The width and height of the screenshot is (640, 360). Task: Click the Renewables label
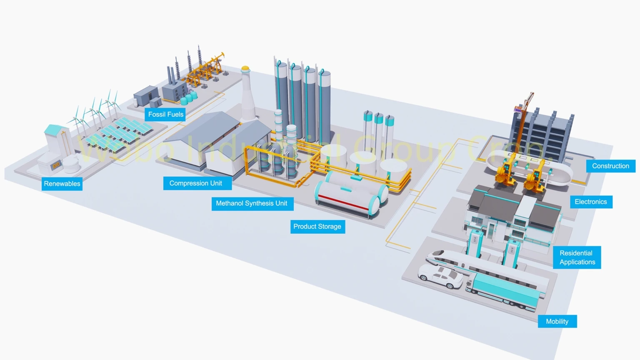coord(62,184)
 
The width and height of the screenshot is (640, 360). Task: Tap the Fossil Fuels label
coord(165,115)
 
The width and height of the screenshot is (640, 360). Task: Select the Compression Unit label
coord(195,183)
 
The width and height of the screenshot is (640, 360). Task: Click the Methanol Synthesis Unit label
coord(252,203)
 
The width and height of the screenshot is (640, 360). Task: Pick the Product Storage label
coord(317,227)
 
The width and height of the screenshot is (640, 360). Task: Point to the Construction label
coord(610,166)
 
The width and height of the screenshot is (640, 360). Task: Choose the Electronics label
coord(590,202)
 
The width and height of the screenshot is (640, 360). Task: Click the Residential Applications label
coord(577,257)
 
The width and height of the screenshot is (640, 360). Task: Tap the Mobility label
coord(557,322)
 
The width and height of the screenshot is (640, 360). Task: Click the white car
coord(441,277)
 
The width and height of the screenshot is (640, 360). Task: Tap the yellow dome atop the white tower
coord(245,68)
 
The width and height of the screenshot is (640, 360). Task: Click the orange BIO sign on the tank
coord(55,165)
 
